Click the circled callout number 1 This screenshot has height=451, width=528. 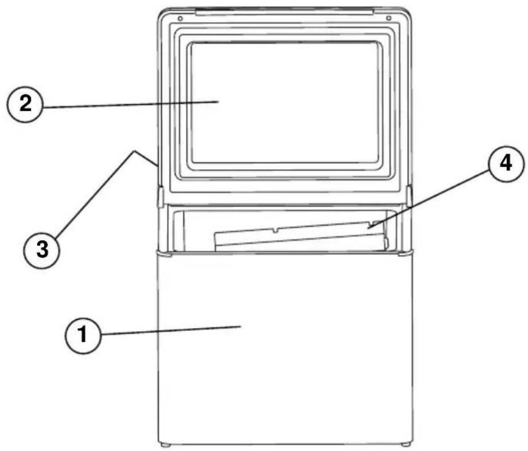(83, 335)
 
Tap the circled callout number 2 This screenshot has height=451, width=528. (25, 104)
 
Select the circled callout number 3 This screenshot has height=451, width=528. (42, 250)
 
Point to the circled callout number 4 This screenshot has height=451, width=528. (506, 164)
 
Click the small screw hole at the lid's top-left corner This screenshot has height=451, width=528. (180, 18)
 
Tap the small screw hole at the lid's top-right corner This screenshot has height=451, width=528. (389, 18)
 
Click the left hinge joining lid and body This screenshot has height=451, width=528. (161, 197)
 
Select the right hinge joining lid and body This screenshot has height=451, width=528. (409, 197)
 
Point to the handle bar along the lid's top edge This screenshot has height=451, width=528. (284, 12)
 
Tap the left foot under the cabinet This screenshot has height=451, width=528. (165, 445)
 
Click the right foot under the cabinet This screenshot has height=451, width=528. (406, 445)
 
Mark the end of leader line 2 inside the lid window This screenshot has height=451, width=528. (219, 101)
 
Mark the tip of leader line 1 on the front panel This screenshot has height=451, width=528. (241, 326)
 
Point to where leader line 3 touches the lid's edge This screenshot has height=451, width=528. (157, 166)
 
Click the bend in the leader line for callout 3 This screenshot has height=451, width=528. (135, 151)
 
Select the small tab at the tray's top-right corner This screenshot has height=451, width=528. (377, 223)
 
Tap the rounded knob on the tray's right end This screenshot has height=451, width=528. (386, 242)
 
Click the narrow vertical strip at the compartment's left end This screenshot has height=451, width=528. (178, 231)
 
